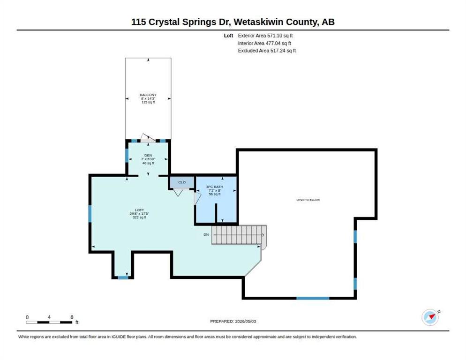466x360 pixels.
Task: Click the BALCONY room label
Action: [148, 95]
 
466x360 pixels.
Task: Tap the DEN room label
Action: [148, 156]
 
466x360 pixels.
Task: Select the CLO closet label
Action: [182, 182]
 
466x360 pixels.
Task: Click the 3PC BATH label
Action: [215, 187]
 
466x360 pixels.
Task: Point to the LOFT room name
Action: [139, 210]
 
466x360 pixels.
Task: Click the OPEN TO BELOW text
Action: [308, 200]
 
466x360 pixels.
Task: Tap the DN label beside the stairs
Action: [206, 234]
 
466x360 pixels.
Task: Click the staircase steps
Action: [239, 235]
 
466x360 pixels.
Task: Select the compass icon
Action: [430, 317]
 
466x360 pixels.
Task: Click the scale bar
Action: [49, 322]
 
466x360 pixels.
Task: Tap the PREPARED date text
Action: [233, 322]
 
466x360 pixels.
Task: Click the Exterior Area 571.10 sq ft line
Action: [265, 36]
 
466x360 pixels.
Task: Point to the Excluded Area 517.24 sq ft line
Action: [267, 51]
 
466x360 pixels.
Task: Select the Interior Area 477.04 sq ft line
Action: [264, 44]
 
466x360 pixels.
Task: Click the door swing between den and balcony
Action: [148, 138]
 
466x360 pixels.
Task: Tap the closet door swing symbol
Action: [178, 192]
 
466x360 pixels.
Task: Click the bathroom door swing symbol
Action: [197, 199]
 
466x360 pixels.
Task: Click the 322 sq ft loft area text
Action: [139, 217]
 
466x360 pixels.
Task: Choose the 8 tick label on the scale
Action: [72, 317]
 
